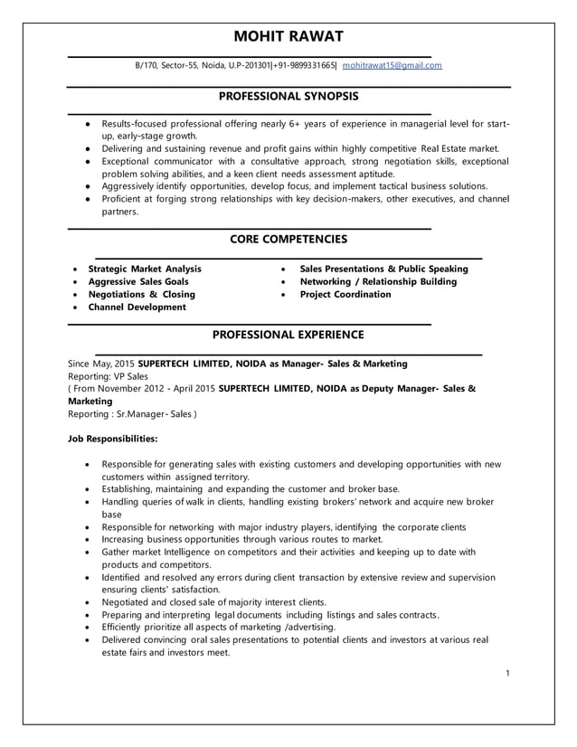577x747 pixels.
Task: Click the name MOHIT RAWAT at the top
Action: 288,37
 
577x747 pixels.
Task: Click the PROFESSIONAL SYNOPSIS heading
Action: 288,96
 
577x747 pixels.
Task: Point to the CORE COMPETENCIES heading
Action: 288,239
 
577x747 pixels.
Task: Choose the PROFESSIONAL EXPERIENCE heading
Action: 288,335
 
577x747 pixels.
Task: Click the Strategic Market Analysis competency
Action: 144,269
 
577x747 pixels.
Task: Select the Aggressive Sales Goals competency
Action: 137,281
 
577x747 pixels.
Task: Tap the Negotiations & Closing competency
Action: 141,294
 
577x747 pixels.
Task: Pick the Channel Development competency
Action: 137,307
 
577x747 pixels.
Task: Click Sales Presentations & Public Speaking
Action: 383,269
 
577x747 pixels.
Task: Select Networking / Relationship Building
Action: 378,281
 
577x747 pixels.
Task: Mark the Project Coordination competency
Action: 345,294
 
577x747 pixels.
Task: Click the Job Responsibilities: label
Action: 113,439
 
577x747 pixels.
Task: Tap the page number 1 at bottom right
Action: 508,673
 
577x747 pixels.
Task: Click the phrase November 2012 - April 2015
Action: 159,388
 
